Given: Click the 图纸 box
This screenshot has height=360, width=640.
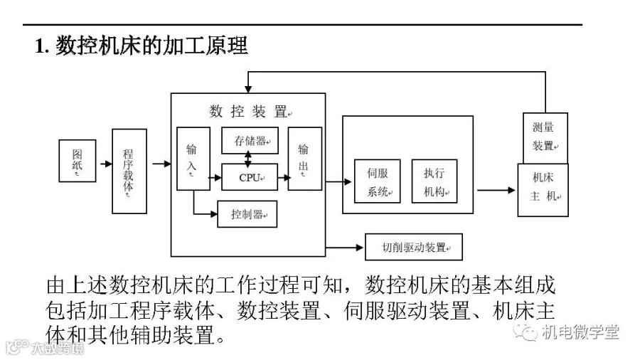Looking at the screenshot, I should point(77,161).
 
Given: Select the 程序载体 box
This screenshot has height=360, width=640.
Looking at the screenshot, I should point(129,171).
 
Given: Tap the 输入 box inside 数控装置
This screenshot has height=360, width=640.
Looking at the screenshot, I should point(193,158).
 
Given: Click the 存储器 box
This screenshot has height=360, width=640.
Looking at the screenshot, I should point(250,140).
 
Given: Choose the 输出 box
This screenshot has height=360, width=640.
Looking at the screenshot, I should point(304,158).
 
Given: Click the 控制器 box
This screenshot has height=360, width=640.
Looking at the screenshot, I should point(247,214).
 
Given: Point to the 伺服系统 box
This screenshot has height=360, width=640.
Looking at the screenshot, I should point(378,181).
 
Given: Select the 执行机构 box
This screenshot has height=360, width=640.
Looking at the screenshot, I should point(434,181).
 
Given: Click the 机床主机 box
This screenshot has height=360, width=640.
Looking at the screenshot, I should point(544,189).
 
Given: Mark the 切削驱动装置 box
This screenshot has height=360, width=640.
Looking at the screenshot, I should point(413,247).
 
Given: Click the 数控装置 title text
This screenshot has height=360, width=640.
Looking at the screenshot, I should point(248,111).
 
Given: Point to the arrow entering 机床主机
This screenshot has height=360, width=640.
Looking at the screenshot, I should point(496,190).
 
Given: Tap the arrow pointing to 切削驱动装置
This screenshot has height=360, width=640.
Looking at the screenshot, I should point(346,248).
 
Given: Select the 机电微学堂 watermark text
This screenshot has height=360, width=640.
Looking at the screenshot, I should point(580,332).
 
